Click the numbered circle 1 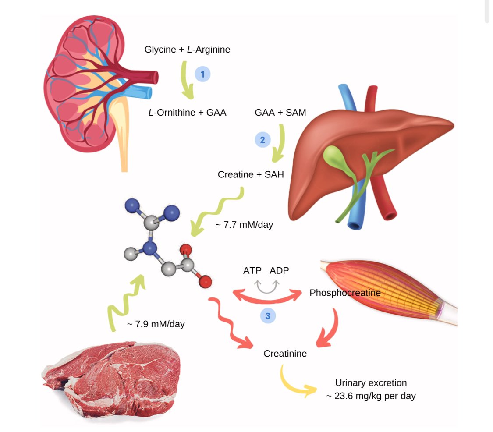click(x=202, y=74)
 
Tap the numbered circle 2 click(x=262, y=140)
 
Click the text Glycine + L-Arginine click(x=187, y=50)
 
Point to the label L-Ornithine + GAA click(x=187, y=113)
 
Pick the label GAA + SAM click(x=280, y=113)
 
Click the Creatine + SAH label click(x=251, y=174)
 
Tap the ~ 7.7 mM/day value click(x=244, y=225)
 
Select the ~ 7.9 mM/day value click(x=156, y=325)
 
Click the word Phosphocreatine click(x=345, y=292)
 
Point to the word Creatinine click(x=285, y=353)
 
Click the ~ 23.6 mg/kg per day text click(x=371, y=396)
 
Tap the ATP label click(x=252, y=270)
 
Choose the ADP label click(x=279, y=270)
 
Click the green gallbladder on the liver click(x=335, y=155)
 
